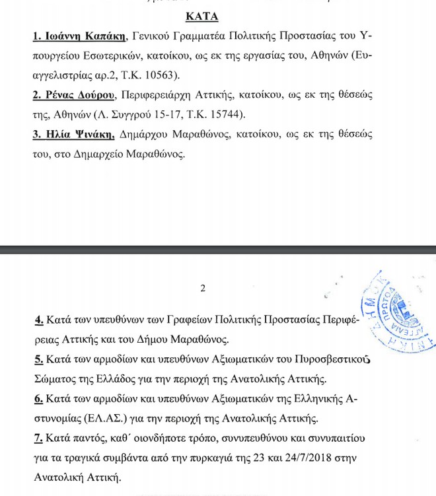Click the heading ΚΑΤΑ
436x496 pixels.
202,15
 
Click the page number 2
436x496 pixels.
203,288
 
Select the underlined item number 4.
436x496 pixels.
38,320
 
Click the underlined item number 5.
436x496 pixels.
38,360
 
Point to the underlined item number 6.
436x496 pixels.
38,400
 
